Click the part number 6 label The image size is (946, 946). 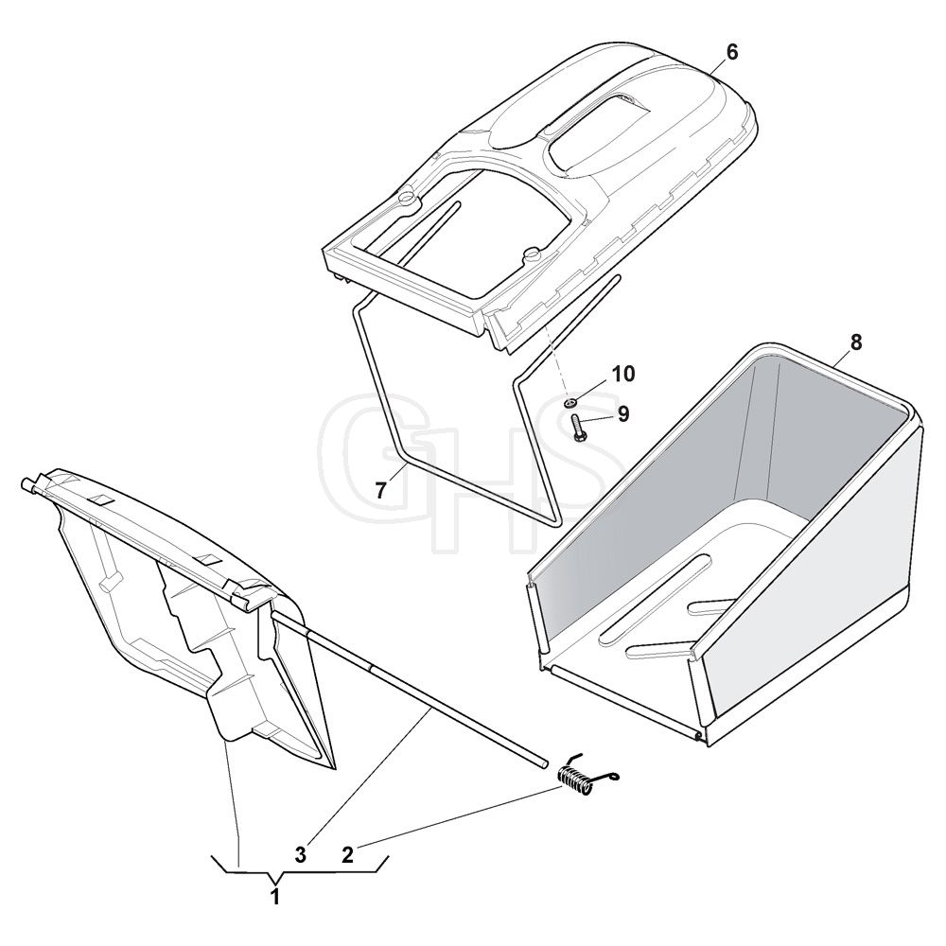tap(731, 52)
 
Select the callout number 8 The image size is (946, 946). tap(857, 342)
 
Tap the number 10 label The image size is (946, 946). tap(623, 374)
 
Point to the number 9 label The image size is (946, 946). tap(623, 414)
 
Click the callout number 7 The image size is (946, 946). tap(380, 491)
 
